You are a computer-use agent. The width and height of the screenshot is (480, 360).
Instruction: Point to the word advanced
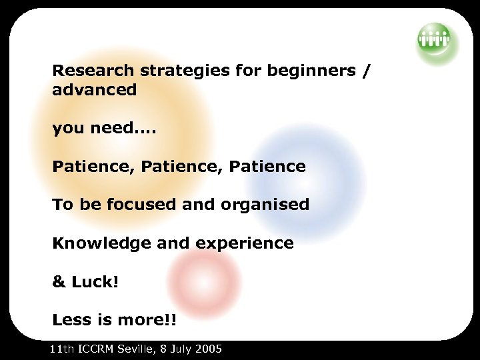(94, 90)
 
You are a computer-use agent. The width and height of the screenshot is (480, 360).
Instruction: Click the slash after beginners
(364, 70)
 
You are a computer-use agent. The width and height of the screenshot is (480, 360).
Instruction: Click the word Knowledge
(101, 243)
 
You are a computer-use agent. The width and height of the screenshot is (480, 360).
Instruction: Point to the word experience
(245, 243)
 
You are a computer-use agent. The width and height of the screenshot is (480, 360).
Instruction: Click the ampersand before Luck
(58, 282)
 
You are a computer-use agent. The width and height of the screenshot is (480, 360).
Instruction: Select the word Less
(71, 320)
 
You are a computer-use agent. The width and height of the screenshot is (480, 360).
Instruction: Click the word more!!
(145, 320)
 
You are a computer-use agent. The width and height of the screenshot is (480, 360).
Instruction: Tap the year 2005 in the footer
(208, 349)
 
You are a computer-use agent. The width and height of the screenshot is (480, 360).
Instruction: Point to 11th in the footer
(63, 349)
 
